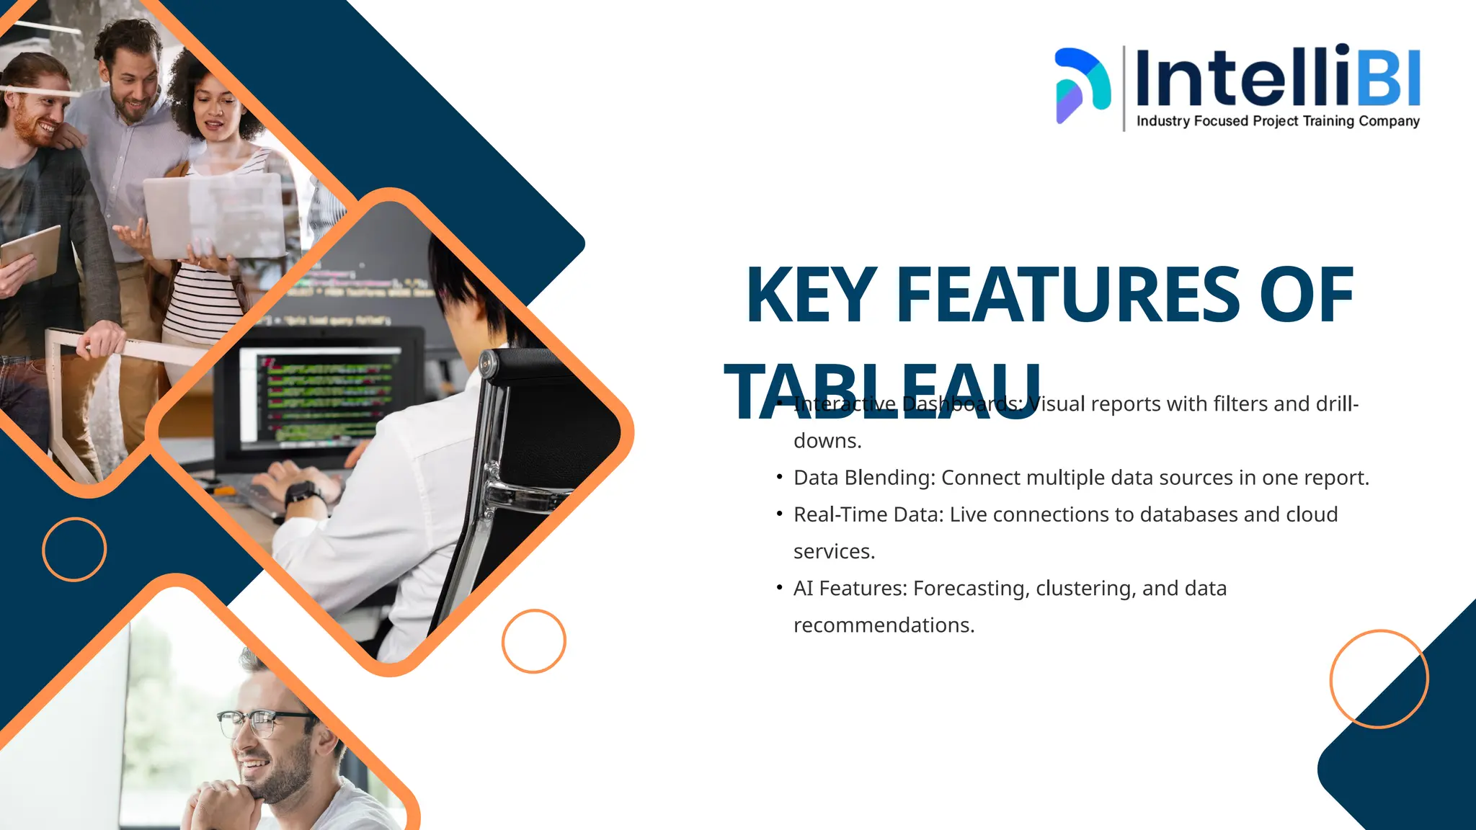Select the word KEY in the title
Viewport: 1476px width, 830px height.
point(811,295)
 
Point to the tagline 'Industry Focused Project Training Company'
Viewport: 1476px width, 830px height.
point(1278,121)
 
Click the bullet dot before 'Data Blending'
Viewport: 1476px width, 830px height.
point(779,477)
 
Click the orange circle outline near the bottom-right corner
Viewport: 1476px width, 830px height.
point(1379,679)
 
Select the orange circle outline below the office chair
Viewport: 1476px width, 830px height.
point(534,641)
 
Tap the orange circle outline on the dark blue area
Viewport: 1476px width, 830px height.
point(74,549)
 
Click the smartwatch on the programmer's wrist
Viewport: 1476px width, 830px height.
point(301,494)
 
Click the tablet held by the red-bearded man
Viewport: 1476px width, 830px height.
point(30,254)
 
